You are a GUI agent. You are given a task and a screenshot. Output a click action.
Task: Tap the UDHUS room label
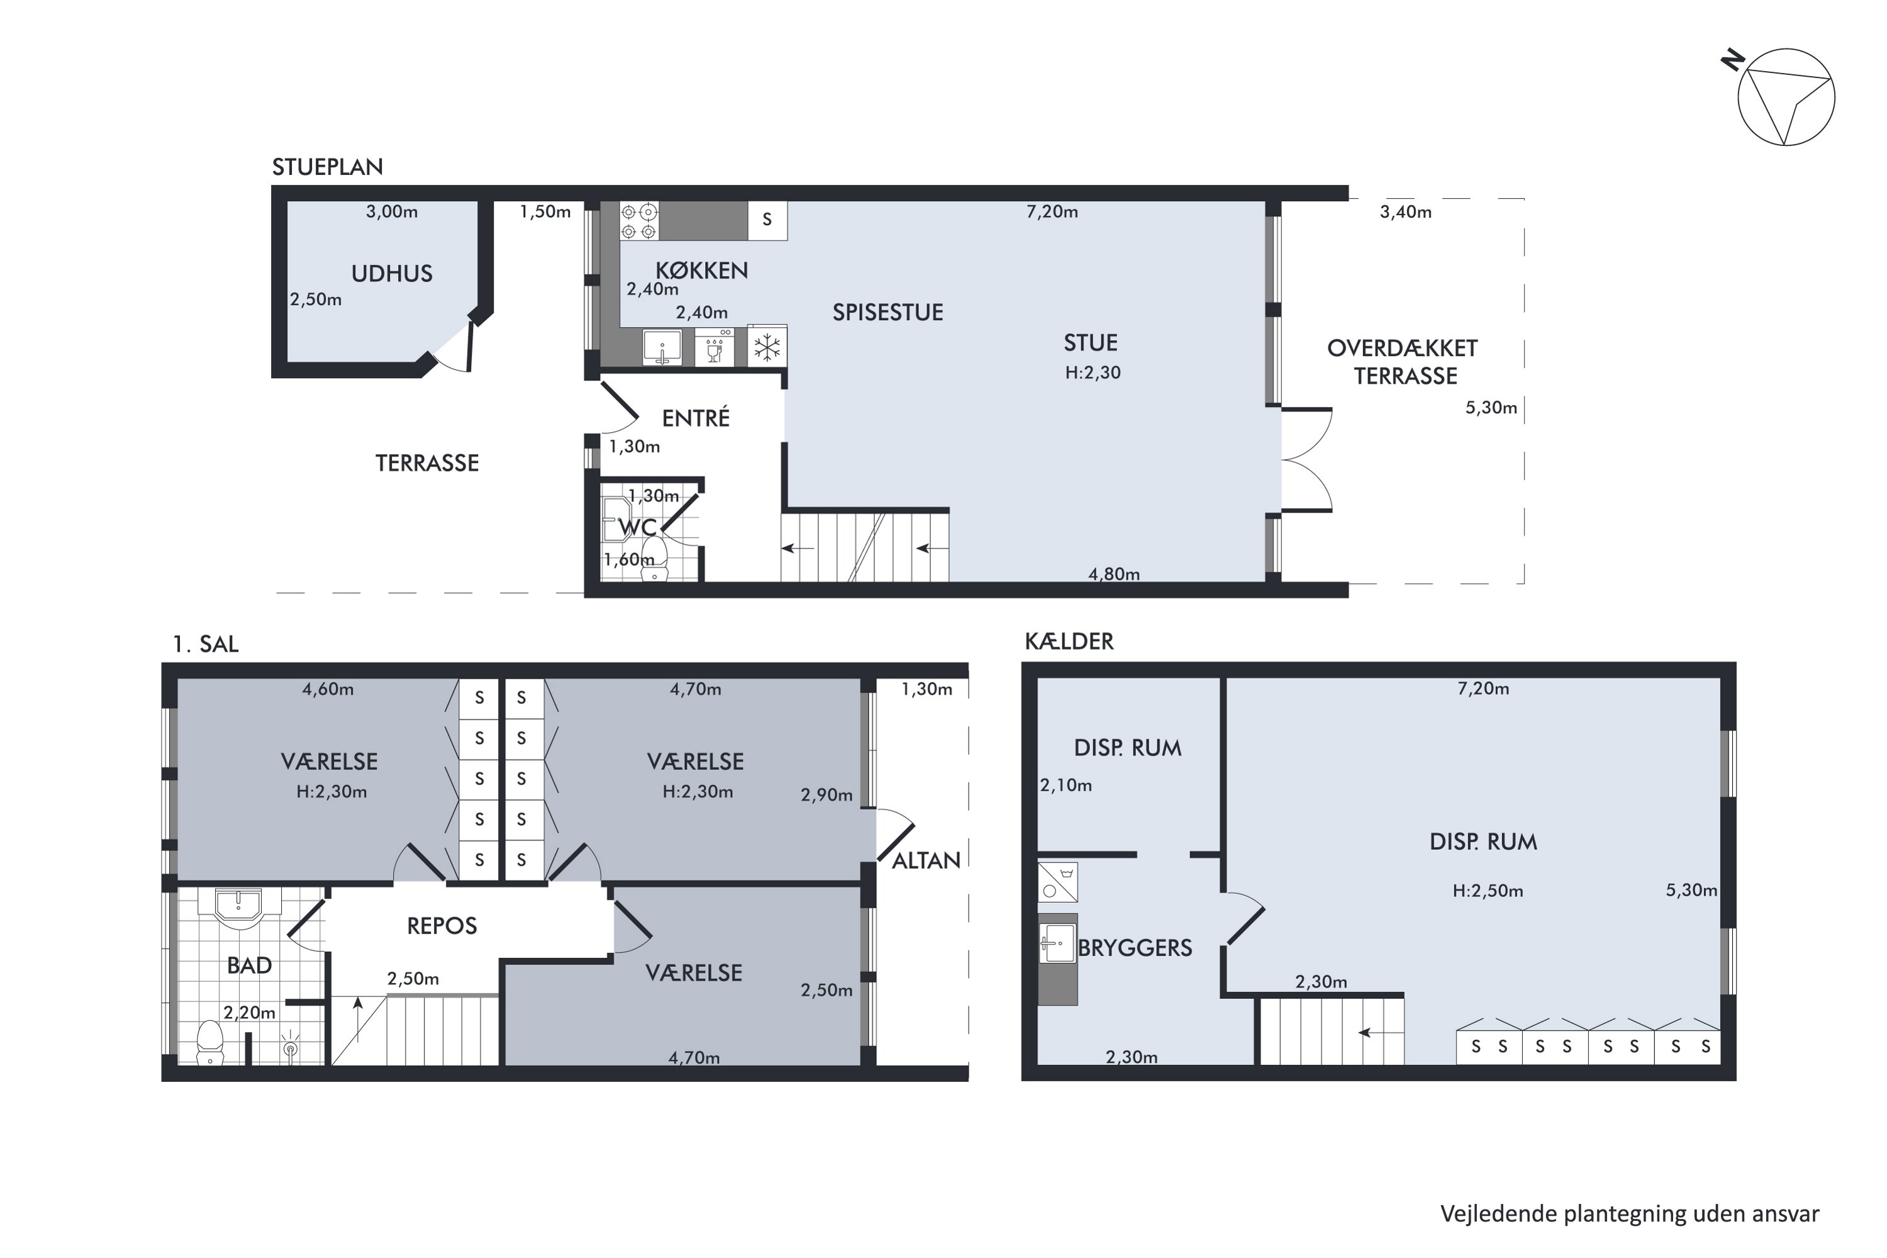point(391,274)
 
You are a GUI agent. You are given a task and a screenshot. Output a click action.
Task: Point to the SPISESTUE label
point(888,312)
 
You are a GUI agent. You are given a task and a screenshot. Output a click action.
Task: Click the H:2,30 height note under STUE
point(1093,372)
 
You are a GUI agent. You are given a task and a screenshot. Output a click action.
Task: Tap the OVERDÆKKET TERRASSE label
point(1403,362)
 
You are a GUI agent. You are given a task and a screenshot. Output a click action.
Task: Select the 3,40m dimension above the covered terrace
point(1406,212)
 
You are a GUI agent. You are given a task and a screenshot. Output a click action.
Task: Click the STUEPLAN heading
point(327,167)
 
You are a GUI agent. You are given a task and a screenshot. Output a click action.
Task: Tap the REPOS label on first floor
point(442,926)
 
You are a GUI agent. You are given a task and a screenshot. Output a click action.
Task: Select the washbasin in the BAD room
point(238,906)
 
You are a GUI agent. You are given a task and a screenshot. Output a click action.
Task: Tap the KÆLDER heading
point(1069,641)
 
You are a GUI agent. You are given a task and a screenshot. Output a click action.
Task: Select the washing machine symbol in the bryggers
point(1057,882)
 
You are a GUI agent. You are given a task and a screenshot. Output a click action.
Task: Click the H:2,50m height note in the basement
point(1488,891)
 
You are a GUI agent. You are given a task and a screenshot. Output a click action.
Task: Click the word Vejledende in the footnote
point(1499,1213)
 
